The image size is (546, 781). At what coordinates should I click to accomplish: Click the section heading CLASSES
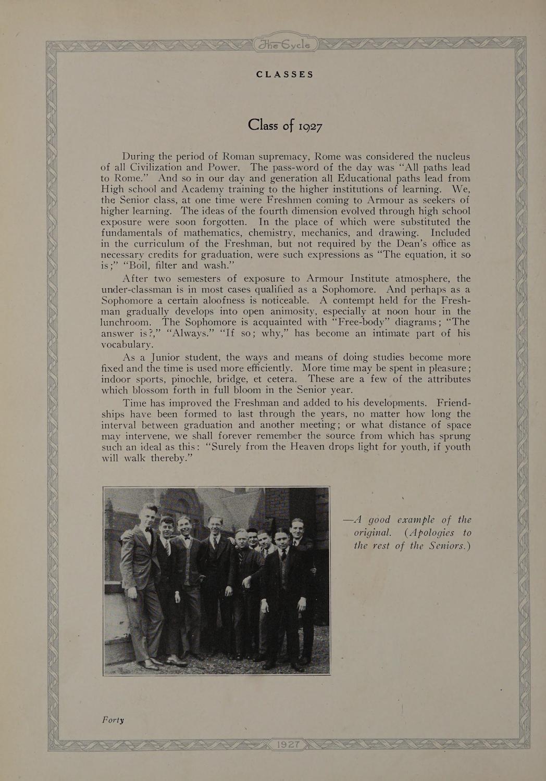[x=284, y=74]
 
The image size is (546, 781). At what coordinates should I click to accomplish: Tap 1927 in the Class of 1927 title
[x=306, y=127]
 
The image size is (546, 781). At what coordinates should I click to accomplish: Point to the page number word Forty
[x=113, y=720]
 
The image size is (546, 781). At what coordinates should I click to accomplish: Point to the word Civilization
[x=167, y=168]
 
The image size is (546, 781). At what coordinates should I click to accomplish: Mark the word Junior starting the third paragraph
[x=165, y=358]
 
